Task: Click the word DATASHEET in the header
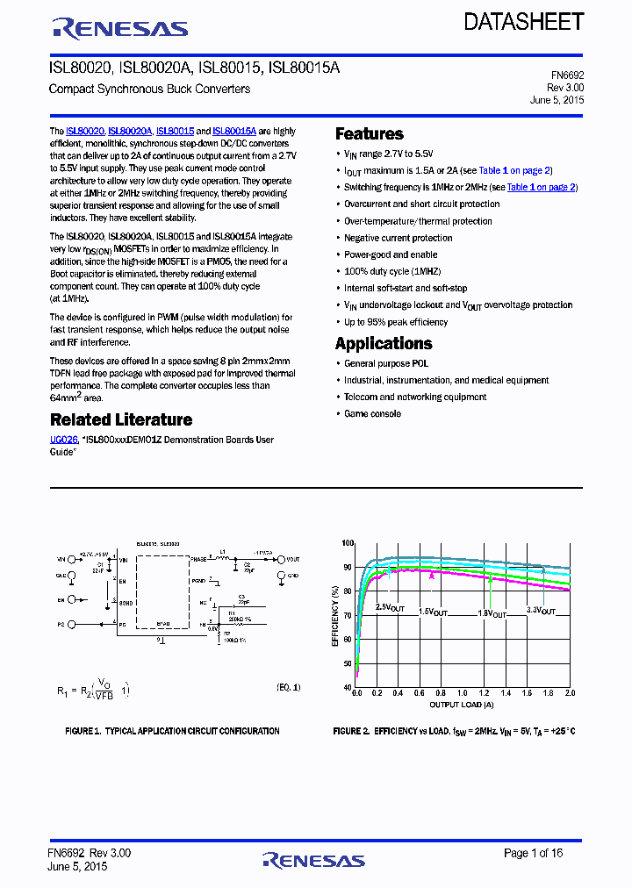click(523, 22)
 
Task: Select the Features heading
click(369, 134)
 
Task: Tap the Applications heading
click(384, 344)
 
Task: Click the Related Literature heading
click(120, 420)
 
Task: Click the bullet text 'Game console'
click(372, 414)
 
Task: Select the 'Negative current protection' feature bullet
click(398, 238)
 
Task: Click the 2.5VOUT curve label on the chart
click(390, 607)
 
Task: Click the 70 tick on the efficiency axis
click(347, 616)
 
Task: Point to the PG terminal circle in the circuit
click(72, 624)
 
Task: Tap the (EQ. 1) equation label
click(289, 687)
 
